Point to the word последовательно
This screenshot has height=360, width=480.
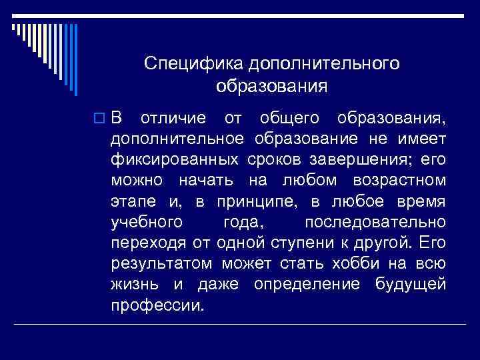tap(375, 223)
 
